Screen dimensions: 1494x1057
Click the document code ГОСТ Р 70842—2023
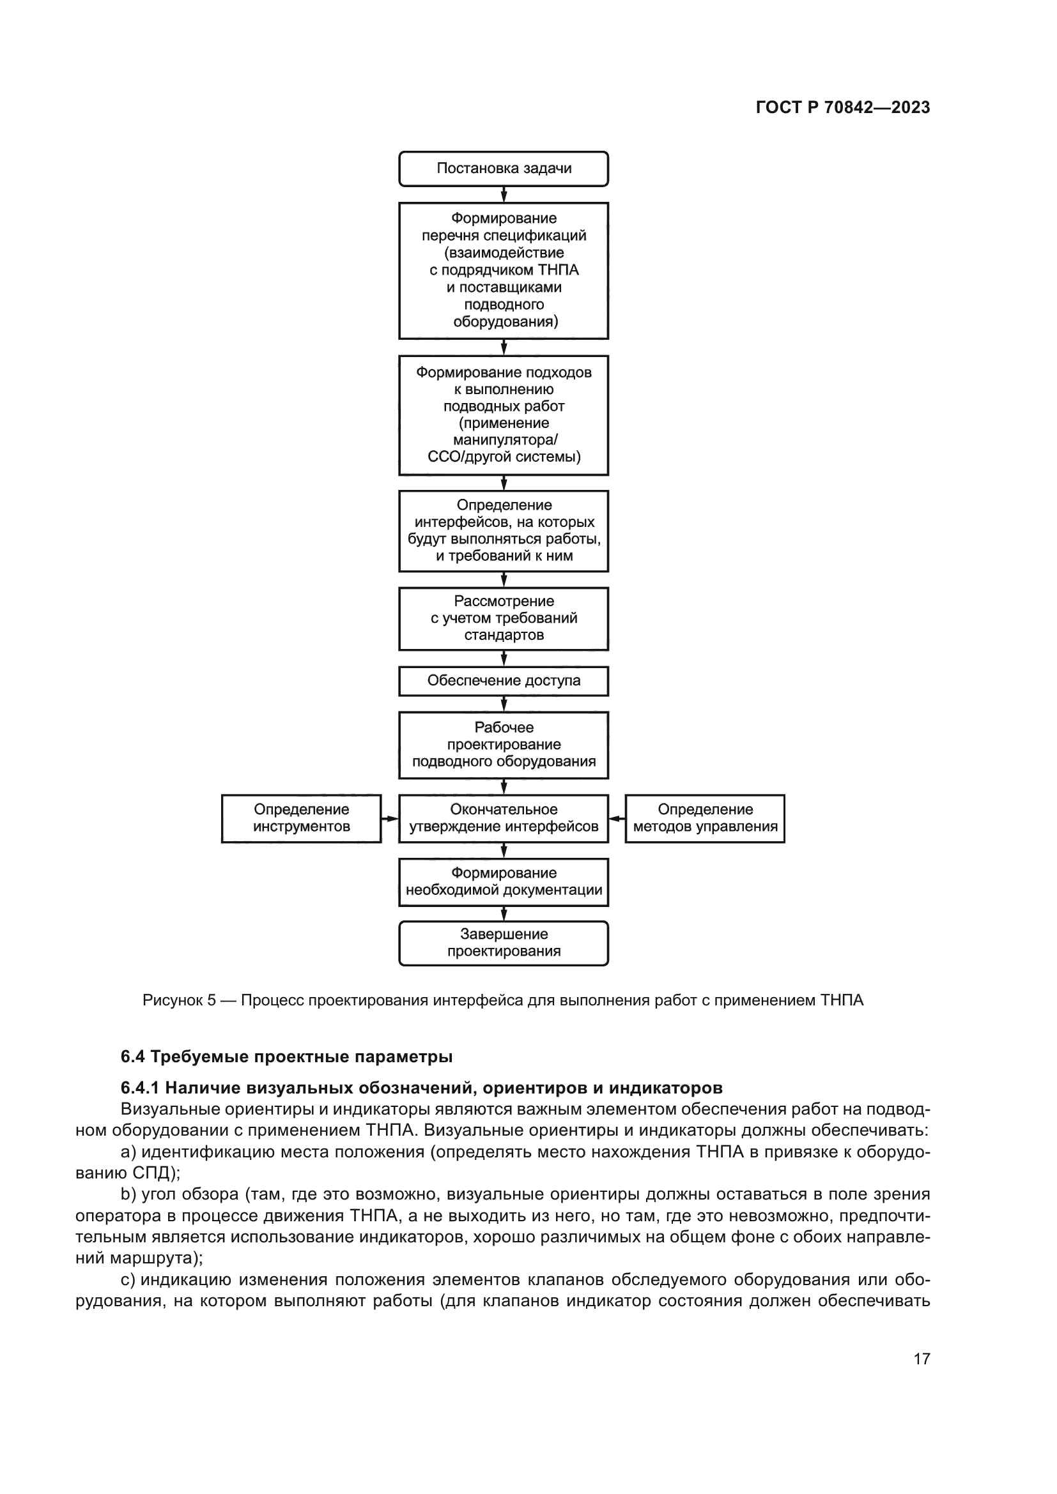click(x=842, y=107)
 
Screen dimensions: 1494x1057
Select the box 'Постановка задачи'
click(x=503, y=169)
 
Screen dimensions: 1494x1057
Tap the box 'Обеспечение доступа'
click(x=503, y=681)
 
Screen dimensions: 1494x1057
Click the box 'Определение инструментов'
click(x=301, y=818)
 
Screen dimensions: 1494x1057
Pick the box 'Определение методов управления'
click(x=705, y=818)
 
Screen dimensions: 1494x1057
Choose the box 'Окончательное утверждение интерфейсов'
click(x=503, y=818)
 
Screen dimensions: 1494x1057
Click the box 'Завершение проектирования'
click(x=503, y=943)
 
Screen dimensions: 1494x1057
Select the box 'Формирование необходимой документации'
click(x=503, y=881)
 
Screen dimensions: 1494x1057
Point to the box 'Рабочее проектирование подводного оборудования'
click(x=503, y=744)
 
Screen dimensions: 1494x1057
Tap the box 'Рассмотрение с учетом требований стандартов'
click(x=503, y=618)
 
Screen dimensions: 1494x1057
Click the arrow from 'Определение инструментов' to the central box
click(x=389, y=819)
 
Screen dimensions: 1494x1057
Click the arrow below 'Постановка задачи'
click(x=504, y=195)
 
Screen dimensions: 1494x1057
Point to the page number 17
click(x=922, y=1359)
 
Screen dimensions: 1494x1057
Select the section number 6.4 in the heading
click(x=132, y=1056)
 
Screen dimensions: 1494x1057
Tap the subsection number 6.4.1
click(x=140, y=1088)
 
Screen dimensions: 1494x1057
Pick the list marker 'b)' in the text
click(x=129, y=1194)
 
